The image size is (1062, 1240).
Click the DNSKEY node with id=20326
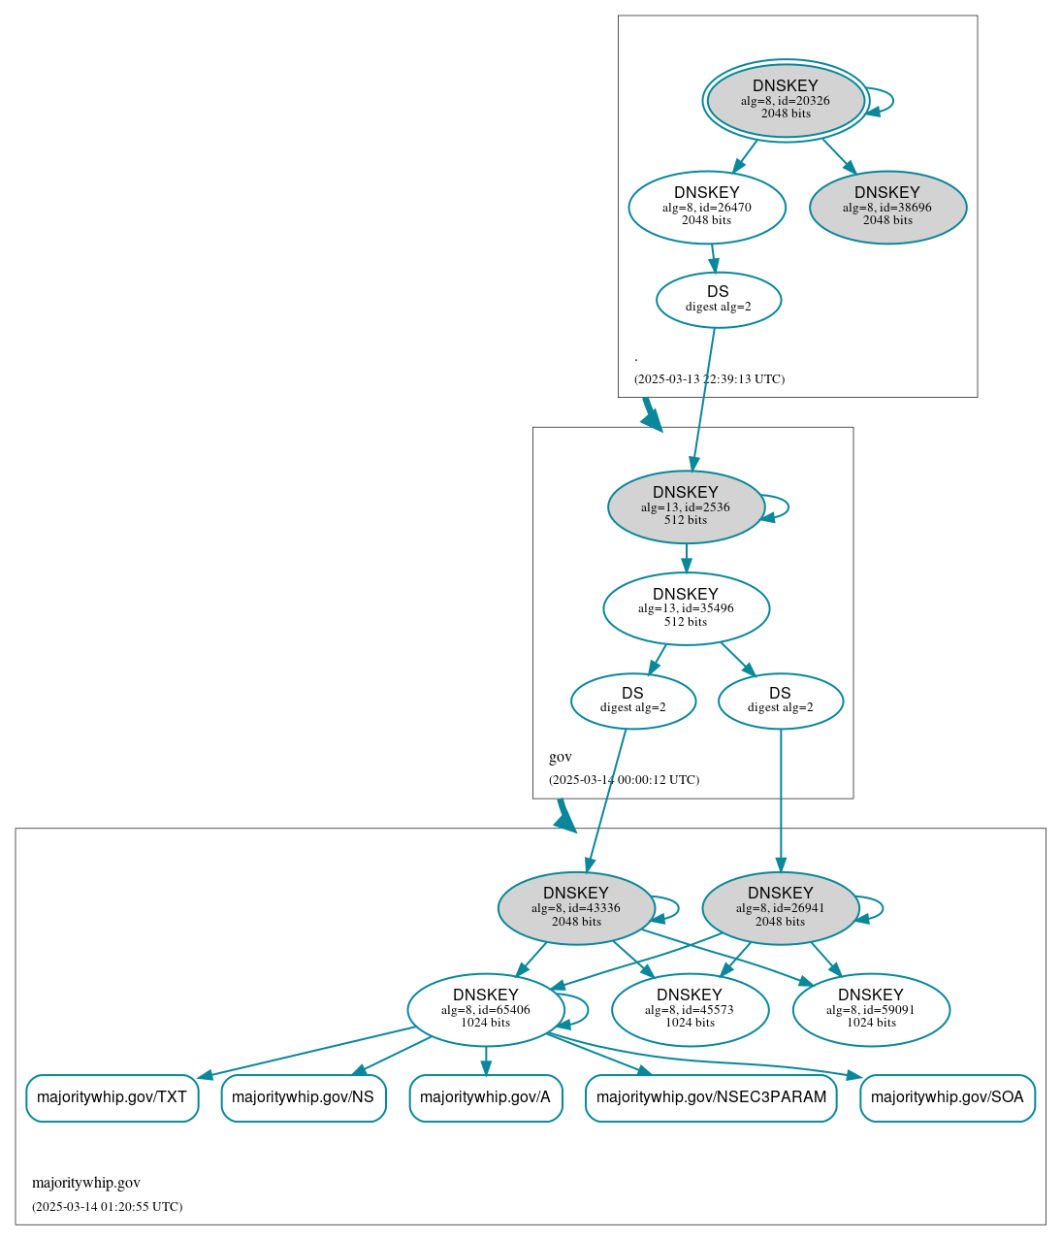point(786,100)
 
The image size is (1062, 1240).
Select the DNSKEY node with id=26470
point(706,207)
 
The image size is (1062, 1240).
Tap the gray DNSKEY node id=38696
point(887,207)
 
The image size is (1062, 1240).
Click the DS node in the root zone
point(718,300)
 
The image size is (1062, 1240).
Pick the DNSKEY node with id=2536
point(686,506)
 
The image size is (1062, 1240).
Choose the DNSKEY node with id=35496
point(686,608)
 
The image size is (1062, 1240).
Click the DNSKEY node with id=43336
point(576,908)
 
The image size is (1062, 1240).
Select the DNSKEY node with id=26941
point(780,908)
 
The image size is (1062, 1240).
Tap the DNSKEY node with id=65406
point(485,1010)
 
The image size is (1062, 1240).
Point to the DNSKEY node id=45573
point(690,1010)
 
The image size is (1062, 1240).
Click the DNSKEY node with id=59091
point(871,1010)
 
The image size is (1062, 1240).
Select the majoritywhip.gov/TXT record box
point(112,1097)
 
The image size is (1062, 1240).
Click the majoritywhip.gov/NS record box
point(304,1097)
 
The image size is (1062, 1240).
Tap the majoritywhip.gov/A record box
point(485,1097)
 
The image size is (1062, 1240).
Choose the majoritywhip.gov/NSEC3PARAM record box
point(711,1097)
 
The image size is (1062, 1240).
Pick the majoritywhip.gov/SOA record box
point(947,1097)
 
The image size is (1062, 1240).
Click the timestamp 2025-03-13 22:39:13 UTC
point(709,379)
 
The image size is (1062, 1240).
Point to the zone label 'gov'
point(561,757)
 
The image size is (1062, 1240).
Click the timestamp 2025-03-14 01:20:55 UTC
point(107,1207)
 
